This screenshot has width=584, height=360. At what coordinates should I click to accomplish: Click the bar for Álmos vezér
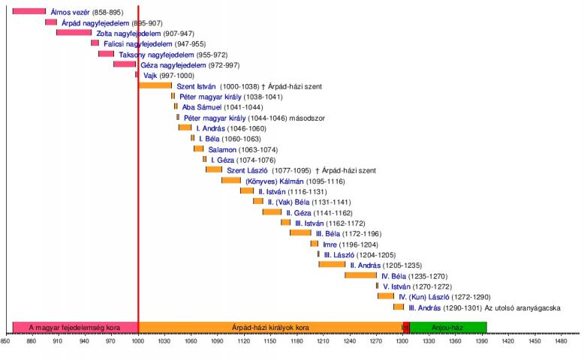tap(29, 11)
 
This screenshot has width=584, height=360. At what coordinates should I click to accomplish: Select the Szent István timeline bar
tap(155, 85)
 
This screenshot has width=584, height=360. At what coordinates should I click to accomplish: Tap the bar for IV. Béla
tap(360, 275)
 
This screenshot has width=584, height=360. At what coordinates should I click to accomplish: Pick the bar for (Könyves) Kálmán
tap(231, 180)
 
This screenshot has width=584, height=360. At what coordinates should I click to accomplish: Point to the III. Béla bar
tap(300, 233)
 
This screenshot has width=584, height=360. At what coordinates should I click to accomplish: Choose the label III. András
tap(424, 307)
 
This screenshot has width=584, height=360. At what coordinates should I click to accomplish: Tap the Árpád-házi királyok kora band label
tap(271, 328)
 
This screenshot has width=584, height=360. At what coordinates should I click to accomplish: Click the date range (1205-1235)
tap(401, 265)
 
